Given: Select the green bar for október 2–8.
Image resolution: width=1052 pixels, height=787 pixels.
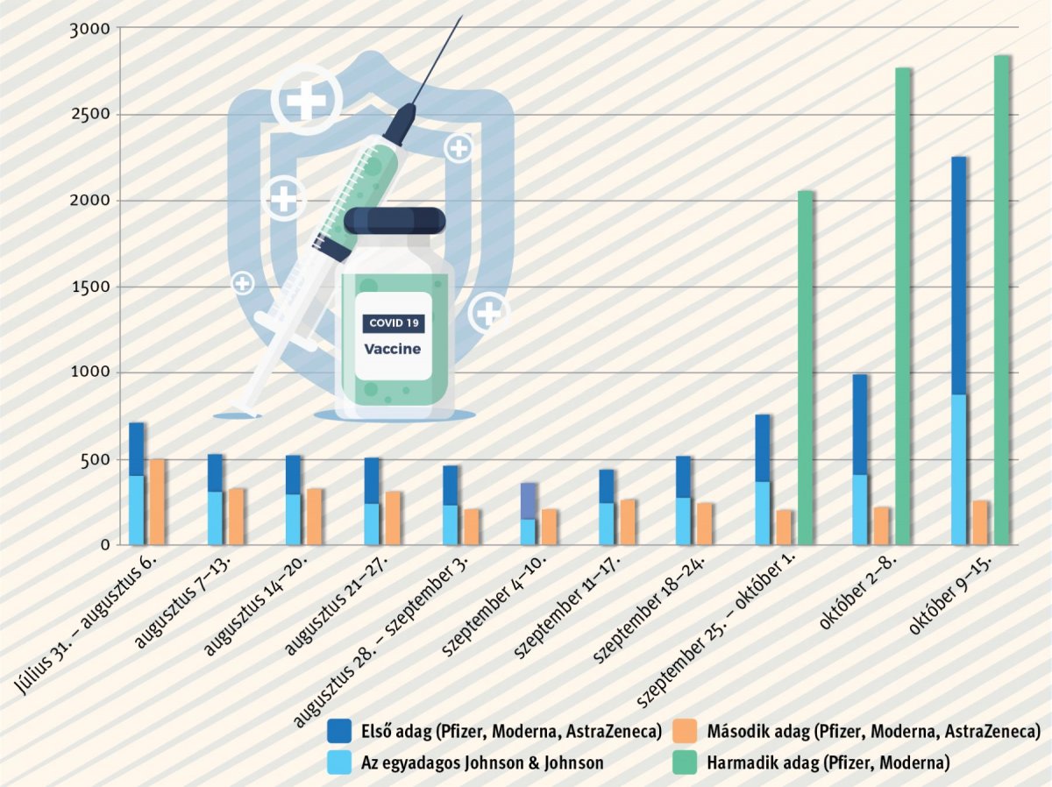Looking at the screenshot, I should click(x=903, y=306).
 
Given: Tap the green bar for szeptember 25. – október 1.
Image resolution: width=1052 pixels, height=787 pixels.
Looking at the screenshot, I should click(x=806, y=368).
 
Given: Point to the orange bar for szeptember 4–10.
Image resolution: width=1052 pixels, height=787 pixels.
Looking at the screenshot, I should click(x=549, y=527).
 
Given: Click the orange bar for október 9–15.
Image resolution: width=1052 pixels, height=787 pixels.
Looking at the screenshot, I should click(x=980, y=522).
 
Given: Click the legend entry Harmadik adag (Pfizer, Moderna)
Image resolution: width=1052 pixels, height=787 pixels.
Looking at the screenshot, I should click(x=828, y=762).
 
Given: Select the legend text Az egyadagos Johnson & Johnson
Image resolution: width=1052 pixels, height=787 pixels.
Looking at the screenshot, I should click(x=482, y=762).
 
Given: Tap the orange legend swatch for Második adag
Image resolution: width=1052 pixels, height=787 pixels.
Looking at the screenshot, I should click(x=686, y=730).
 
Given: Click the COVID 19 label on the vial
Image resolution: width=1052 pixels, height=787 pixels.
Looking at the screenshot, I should click(x=394, y=323).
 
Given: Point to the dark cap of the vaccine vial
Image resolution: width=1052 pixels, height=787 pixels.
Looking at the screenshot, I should click(x=394, y=220).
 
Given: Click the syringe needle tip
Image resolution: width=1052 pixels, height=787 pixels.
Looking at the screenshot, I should click(x=460, y=18).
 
